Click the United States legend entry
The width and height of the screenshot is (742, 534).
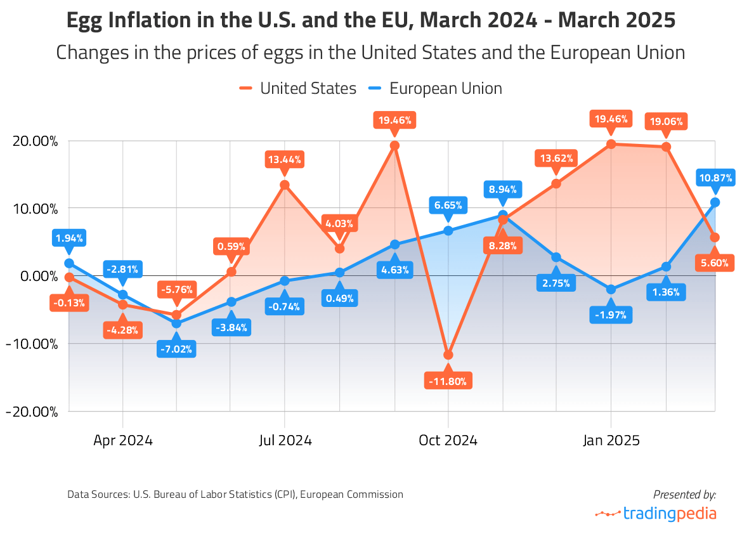tap(298, 88)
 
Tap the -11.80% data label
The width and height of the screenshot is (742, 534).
tap(448, 381)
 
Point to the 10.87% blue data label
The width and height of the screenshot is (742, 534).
tap(715, 178)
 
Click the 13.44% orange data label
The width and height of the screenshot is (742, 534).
tap(285, 159)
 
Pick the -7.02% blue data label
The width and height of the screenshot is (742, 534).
tap(176, 348)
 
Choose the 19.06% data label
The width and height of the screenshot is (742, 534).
tap(666, 120)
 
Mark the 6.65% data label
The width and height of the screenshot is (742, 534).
tap(448, 205)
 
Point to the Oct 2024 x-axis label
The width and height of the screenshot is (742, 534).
tap(448, 440)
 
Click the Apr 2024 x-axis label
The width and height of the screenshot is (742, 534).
tap(122, 440)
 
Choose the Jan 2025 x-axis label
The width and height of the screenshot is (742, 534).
tap(611, 440)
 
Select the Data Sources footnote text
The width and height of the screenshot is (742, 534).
tap(235, 494)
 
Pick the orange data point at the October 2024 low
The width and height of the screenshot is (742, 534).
tap(448, 355)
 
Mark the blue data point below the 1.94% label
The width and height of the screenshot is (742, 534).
tap(68, 263)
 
